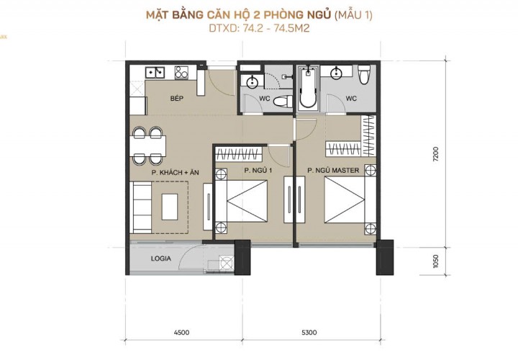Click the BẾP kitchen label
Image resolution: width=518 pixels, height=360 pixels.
click(x=177, y=98)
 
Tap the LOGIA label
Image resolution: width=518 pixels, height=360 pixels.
click(x=161, y=258)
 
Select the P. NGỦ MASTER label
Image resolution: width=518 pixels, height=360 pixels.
click(x=333, y=170)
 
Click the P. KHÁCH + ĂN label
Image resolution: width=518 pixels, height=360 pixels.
click(x=175, y=172)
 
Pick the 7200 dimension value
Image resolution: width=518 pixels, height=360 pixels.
click(x=436, y=153)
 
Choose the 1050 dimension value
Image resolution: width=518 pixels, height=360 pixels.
click(x=436, y=261)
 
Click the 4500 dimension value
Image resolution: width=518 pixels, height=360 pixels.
click(x=182, y=332)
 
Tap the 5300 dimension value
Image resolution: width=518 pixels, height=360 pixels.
click(x=309, y=332)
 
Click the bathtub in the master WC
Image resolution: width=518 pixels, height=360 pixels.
click(x=308, y=88)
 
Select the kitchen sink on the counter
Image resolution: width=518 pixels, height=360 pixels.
click(x=155, y=72)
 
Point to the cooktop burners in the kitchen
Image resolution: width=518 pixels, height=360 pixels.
click(x=181, y=73)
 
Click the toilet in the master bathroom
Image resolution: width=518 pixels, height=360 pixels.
click(x=364, y=74)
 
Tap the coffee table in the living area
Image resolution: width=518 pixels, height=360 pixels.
click(x=170, y=207)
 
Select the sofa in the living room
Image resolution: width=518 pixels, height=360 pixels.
click(x=142, y=207)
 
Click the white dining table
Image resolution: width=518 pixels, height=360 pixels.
click(x=147, y=145)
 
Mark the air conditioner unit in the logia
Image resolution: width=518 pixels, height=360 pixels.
click(x=227, y=264)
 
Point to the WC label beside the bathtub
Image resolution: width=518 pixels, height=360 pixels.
click(x=351, y=98)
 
